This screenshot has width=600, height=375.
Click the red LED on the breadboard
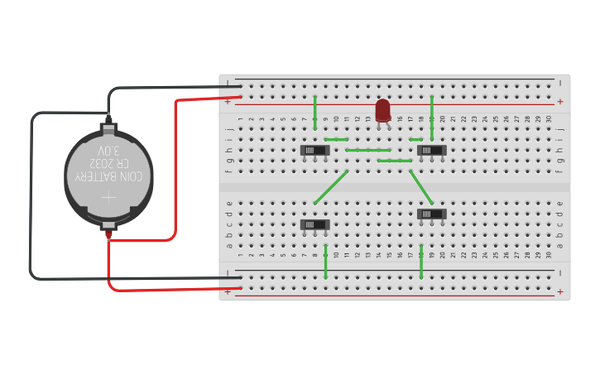[382, 110]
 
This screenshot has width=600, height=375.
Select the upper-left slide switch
[314, 150]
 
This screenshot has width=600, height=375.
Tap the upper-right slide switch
[431, 150]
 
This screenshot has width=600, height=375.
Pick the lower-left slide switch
[314, 224]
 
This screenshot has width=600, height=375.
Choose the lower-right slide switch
[431, 214]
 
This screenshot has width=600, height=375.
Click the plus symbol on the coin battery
[109, 198]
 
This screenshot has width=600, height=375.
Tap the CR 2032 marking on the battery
[109, 163]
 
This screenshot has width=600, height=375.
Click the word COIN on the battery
[127, 176]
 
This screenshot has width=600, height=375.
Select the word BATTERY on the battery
[94, 176]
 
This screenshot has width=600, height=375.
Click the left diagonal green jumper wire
[331, 186]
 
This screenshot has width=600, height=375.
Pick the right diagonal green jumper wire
[420, 186]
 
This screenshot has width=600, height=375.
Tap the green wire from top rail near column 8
[315, 112]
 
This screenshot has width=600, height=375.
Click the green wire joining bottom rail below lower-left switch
[326, 261]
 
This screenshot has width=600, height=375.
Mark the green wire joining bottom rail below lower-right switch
[421, 261]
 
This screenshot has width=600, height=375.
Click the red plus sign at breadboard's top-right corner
[560, 102]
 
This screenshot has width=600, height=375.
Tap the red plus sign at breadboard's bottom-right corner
[560, 291]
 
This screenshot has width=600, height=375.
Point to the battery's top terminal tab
[108, 129]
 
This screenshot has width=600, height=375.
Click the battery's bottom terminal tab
[108, 224]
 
